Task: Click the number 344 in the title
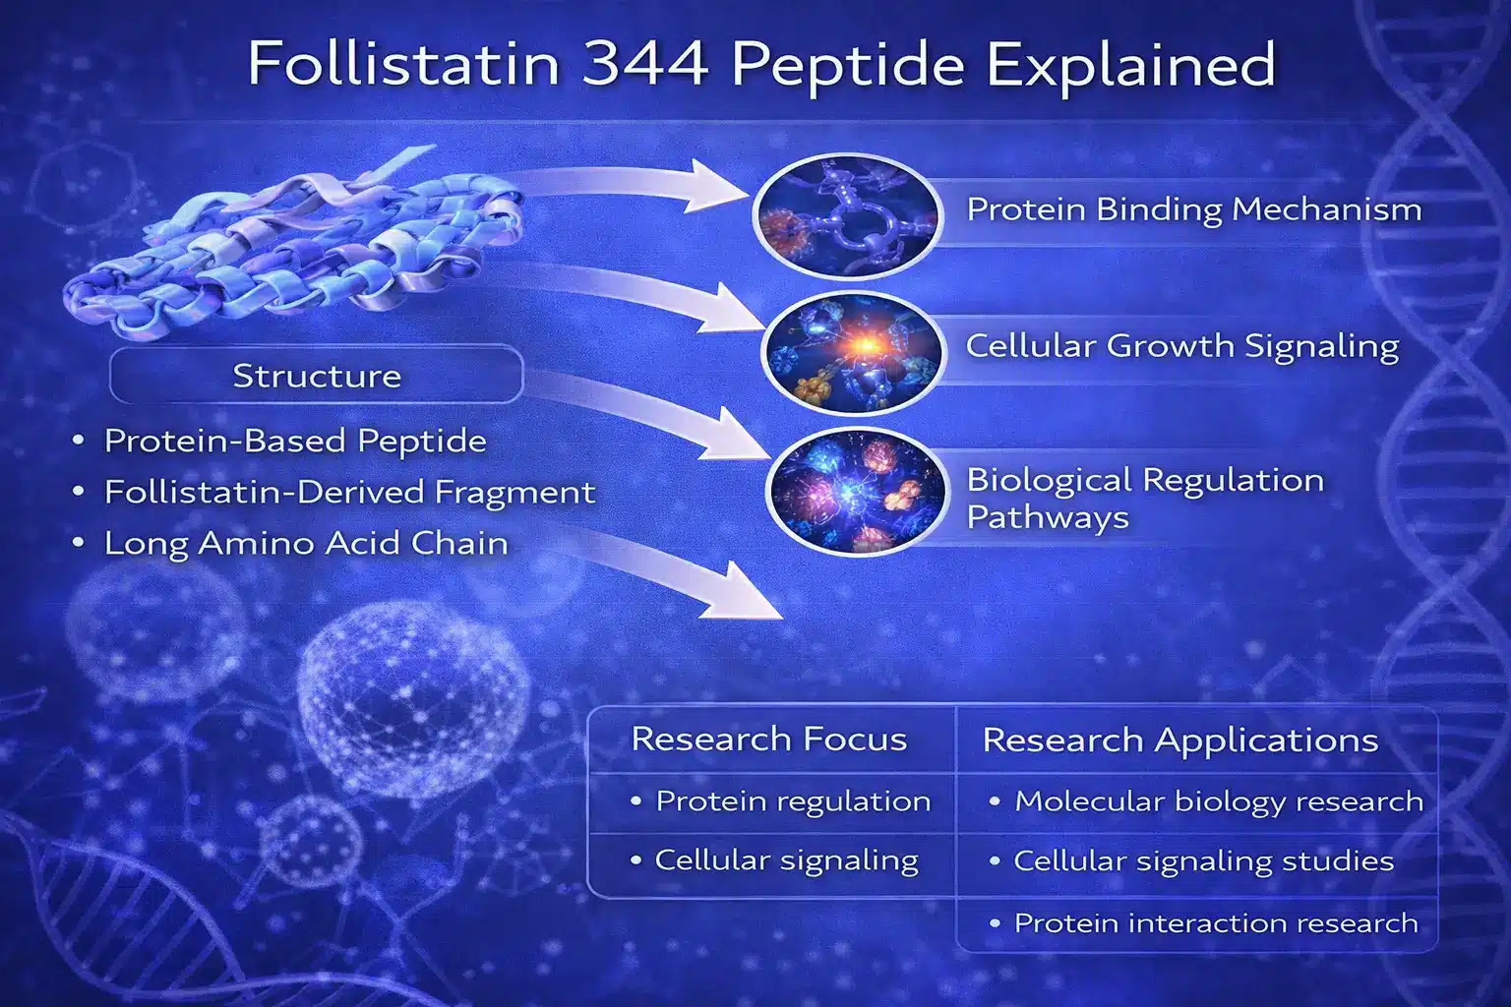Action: pos(645,63)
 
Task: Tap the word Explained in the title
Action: pos(1130,63)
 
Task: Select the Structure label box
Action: pos(317,375)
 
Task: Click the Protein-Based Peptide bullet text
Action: pos(295,441)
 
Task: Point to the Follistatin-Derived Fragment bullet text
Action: pos(349,491)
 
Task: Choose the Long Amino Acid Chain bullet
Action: pos(306,543)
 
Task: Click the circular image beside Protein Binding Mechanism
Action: pos(847,215)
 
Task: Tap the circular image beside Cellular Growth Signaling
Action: pos(853,352)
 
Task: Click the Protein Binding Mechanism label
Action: pos(1194,209)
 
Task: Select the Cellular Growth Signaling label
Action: pos(1182,346)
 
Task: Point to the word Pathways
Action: pos(1048,518)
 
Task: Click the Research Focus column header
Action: pos(769,739)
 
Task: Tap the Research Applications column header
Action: pos(1179,740)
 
